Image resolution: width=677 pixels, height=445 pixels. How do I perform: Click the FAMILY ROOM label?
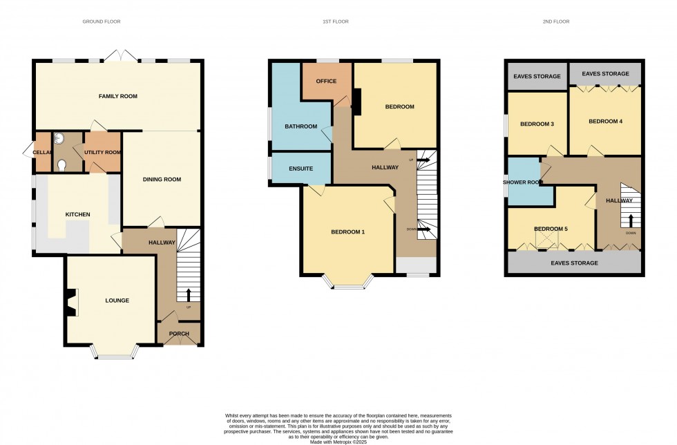coord(118,96)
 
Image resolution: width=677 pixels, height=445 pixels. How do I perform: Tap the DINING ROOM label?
coord(162,180)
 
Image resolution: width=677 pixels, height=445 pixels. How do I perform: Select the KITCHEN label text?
coord(77,215)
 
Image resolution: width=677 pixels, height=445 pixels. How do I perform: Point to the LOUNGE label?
coord(117,301)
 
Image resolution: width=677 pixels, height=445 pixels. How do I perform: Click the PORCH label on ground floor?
coord(179,334)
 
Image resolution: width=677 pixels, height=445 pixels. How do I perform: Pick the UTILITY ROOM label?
coord(103,152)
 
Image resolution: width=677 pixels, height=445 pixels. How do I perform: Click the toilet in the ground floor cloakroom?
coord(62,164)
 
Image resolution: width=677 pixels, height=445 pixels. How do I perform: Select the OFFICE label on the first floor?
coord(326,82)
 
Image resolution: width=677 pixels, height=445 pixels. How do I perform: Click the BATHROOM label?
coord(301,126)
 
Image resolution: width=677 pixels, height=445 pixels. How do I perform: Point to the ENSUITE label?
coord(301,169)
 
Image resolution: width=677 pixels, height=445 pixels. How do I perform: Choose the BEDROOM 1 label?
coord(347,232)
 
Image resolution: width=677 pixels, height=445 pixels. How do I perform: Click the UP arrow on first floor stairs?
coord(421,160)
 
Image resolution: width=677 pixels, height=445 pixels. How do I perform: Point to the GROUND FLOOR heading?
coord(102,22)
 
